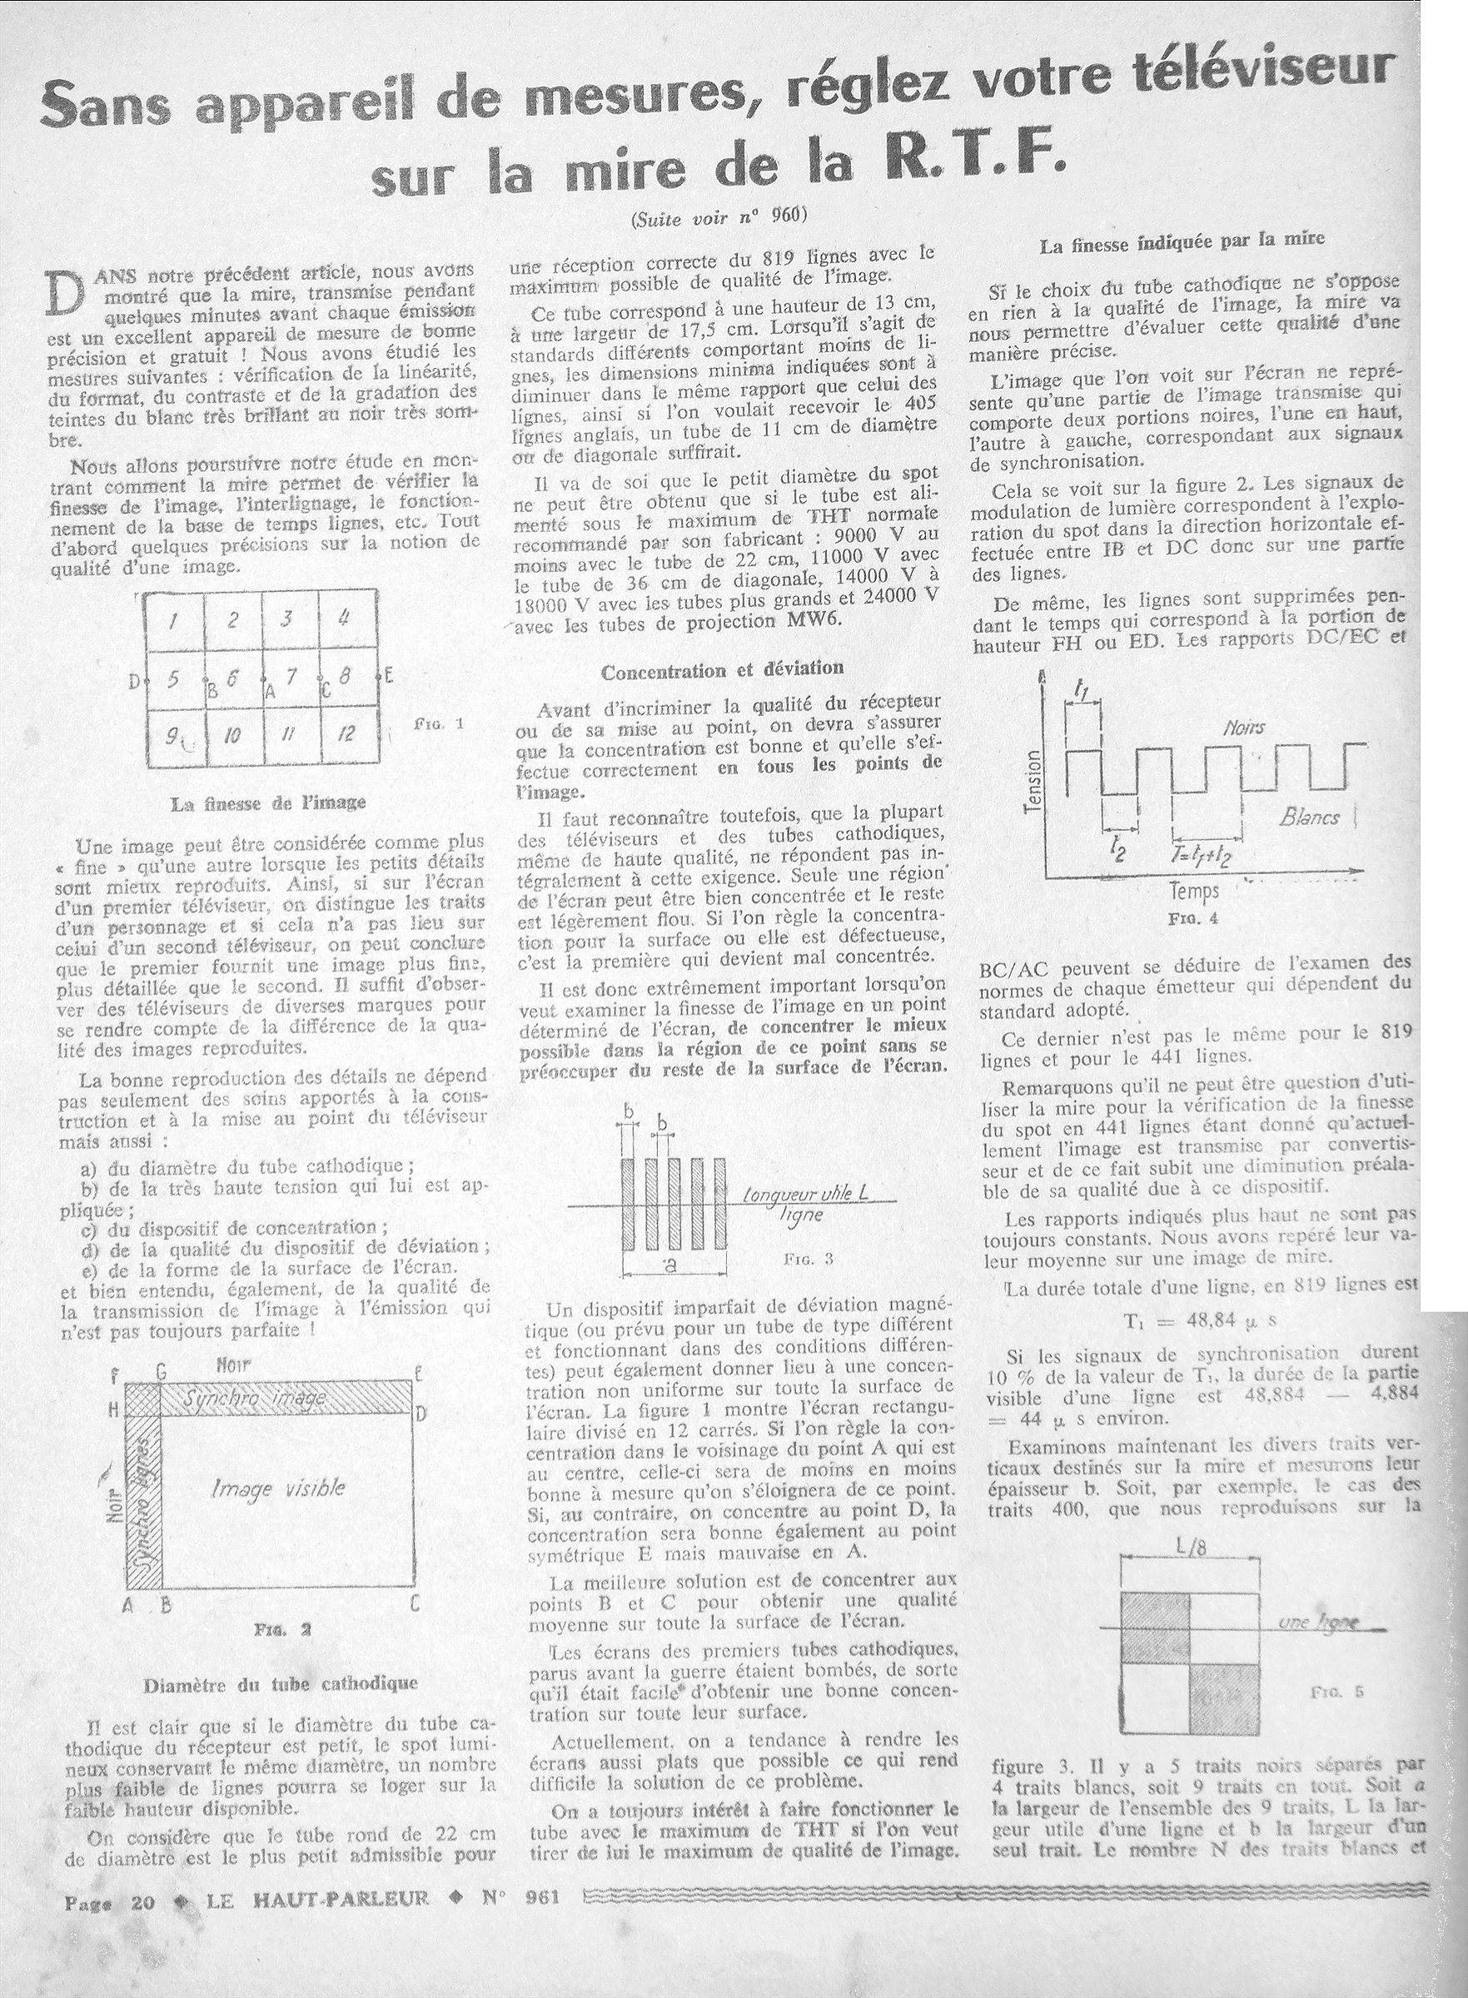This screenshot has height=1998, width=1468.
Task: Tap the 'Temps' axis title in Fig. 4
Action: click(1194, 891)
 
